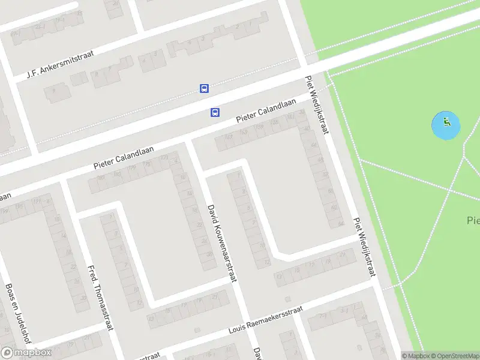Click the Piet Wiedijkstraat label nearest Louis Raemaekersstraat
coord(364,247)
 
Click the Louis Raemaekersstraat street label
coord(266,319)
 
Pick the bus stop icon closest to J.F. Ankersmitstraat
coord(204,88)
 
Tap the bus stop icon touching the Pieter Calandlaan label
coord(215,112)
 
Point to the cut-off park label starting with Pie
coord(472,220)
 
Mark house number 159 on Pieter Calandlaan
coord(260,128)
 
